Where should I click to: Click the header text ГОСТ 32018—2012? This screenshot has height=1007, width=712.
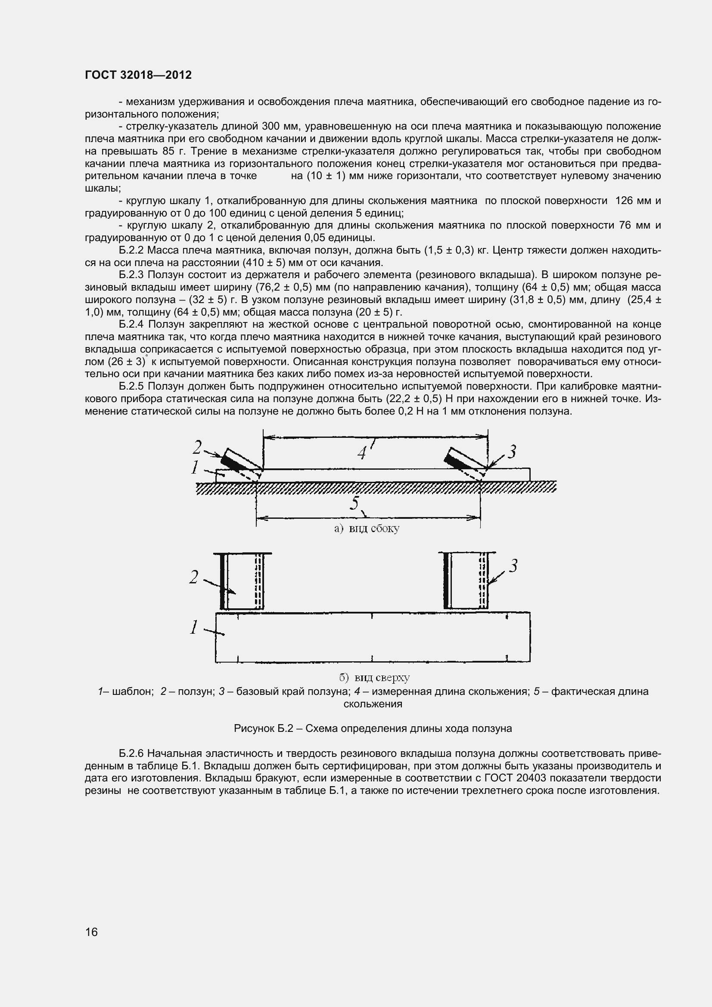[138, 75]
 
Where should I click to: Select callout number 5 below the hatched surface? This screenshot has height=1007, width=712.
[354, 503]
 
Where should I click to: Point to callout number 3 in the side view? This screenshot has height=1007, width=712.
[512, 451]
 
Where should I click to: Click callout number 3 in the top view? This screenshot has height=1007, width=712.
[513, 566]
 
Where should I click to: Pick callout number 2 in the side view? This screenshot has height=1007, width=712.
[197, 447]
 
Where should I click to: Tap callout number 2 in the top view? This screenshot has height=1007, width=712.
[194, 577]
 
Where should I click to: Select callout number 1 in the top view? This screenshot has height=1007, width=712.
[194, 627]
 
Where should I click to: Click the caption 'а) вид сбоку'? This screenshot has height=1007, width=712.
[367, 529]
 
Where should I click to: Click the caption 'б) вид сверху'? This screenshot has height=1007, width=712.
[375, 678]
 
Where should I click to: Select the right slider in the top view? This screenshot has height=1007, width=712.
[466, 581]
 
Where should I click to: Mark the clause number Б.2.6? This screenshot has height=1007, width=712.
[131, 753]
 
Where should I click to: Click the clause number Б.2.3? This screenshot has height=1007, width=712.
[131, 275]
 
